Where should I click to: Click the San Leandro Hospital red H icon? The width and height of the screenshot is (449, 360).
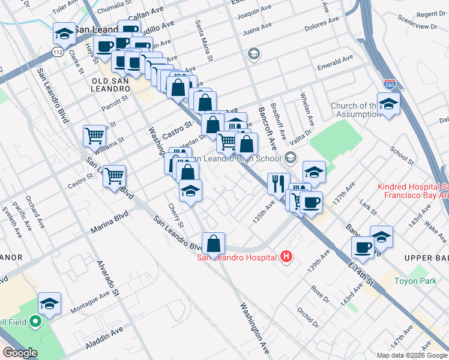[x=287, y=257]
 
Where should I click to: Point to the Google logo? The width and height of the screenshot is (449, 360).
[x=20, y=353]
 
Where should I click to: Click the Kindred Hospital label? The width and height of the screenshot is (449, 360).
[x=413, y=191]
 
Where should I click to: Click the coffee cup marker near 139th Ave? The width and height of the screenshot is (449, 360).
[x=363, y=246]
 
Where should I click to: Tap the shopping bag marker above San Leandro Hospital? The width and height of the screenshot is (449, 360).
[x=212, y=244]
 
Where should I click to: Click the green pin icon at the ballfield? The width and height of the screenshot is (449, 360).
[x=35, y=322]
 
